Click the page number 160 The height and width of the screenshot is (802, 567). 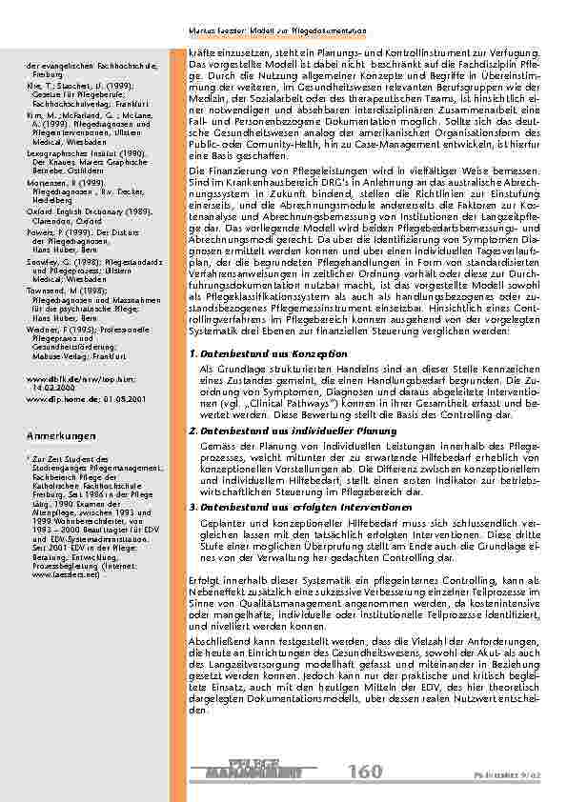(x=366, y=771)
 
